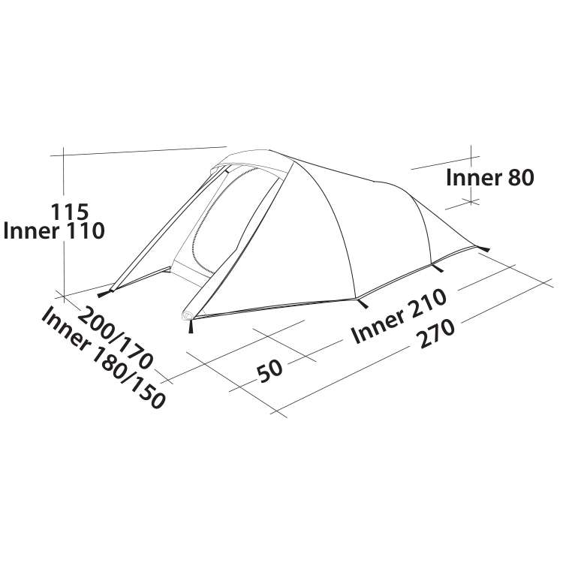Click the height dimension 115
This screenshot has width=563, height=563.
69,212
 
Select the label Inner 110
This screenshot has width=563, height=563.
53,231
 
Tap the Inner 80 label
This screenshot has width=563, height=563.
489,178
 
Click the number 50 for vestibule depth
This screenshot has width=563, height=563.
270,371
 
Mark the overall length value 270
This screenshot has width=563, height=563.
437,334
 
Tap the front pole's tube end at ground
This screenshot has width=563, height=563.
188,315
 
